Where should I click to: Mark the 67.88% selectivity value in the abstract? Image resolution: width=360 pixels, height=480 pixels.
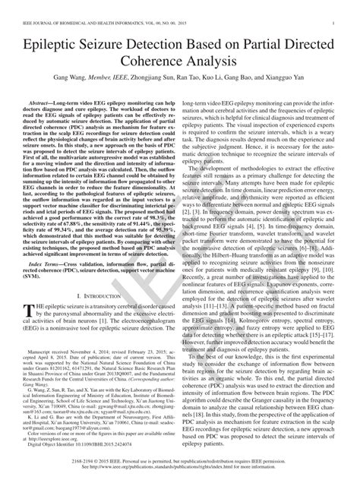(87, 201)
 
